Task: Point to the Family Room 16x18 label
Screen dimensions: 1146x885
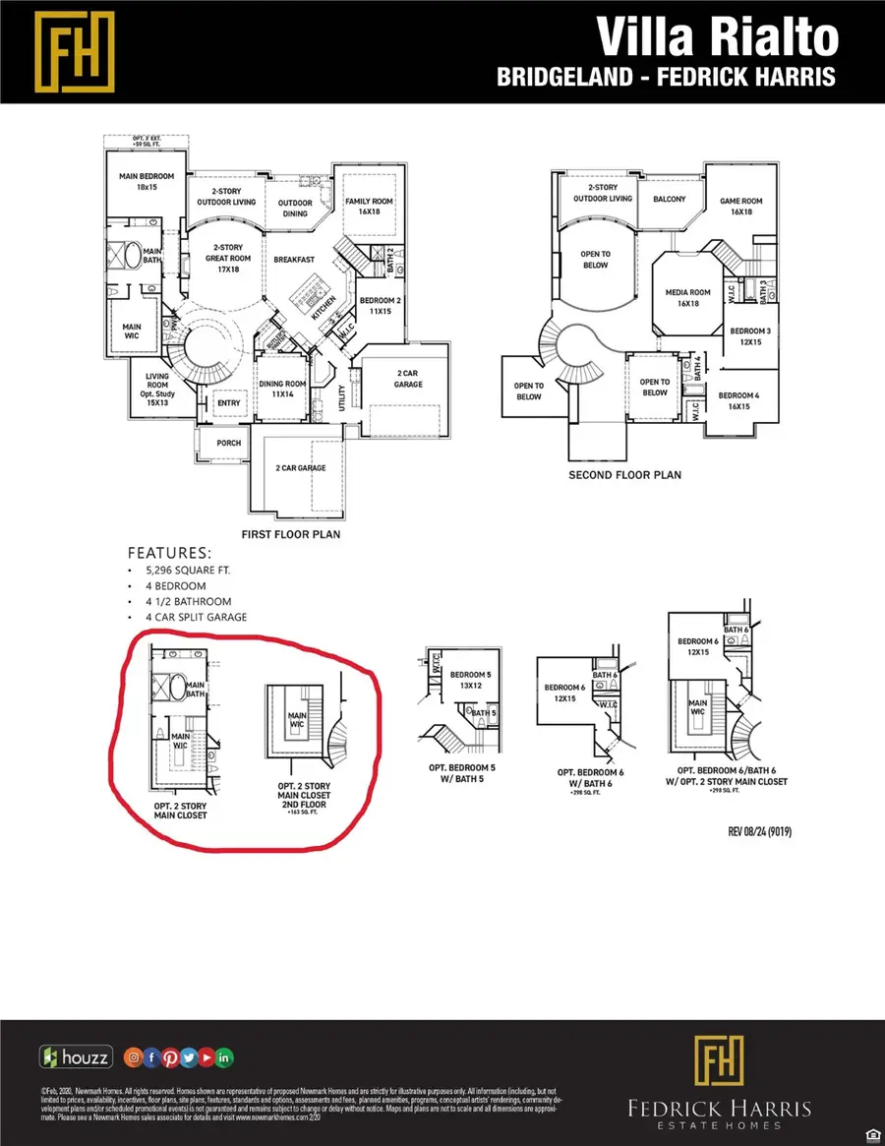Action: (x=369, y=207)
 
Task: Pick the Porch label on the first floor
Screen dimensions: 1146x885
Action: (x=229, y=443)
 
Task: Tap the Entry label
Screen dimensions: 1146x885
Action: (x=228, y=403)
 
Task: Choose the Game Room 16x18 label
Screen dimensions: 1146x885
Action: (x=741, y=207)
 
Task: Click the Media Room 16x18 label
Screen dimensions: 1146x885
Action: (x=687, y=298)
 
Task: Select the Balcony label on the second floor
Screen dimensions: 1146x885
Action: (x=670, y=199)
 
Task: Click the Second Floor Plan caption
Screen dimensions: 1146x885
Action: (x=624, y=475)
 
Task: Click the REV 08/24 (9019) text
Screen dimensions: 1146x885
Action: (x=759, y=832)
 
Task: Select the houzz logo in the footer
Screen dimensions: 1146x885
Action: (x=75, y=1057)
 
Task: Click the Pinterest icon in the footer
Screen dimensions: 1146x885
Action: (x=171, y=1057)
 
